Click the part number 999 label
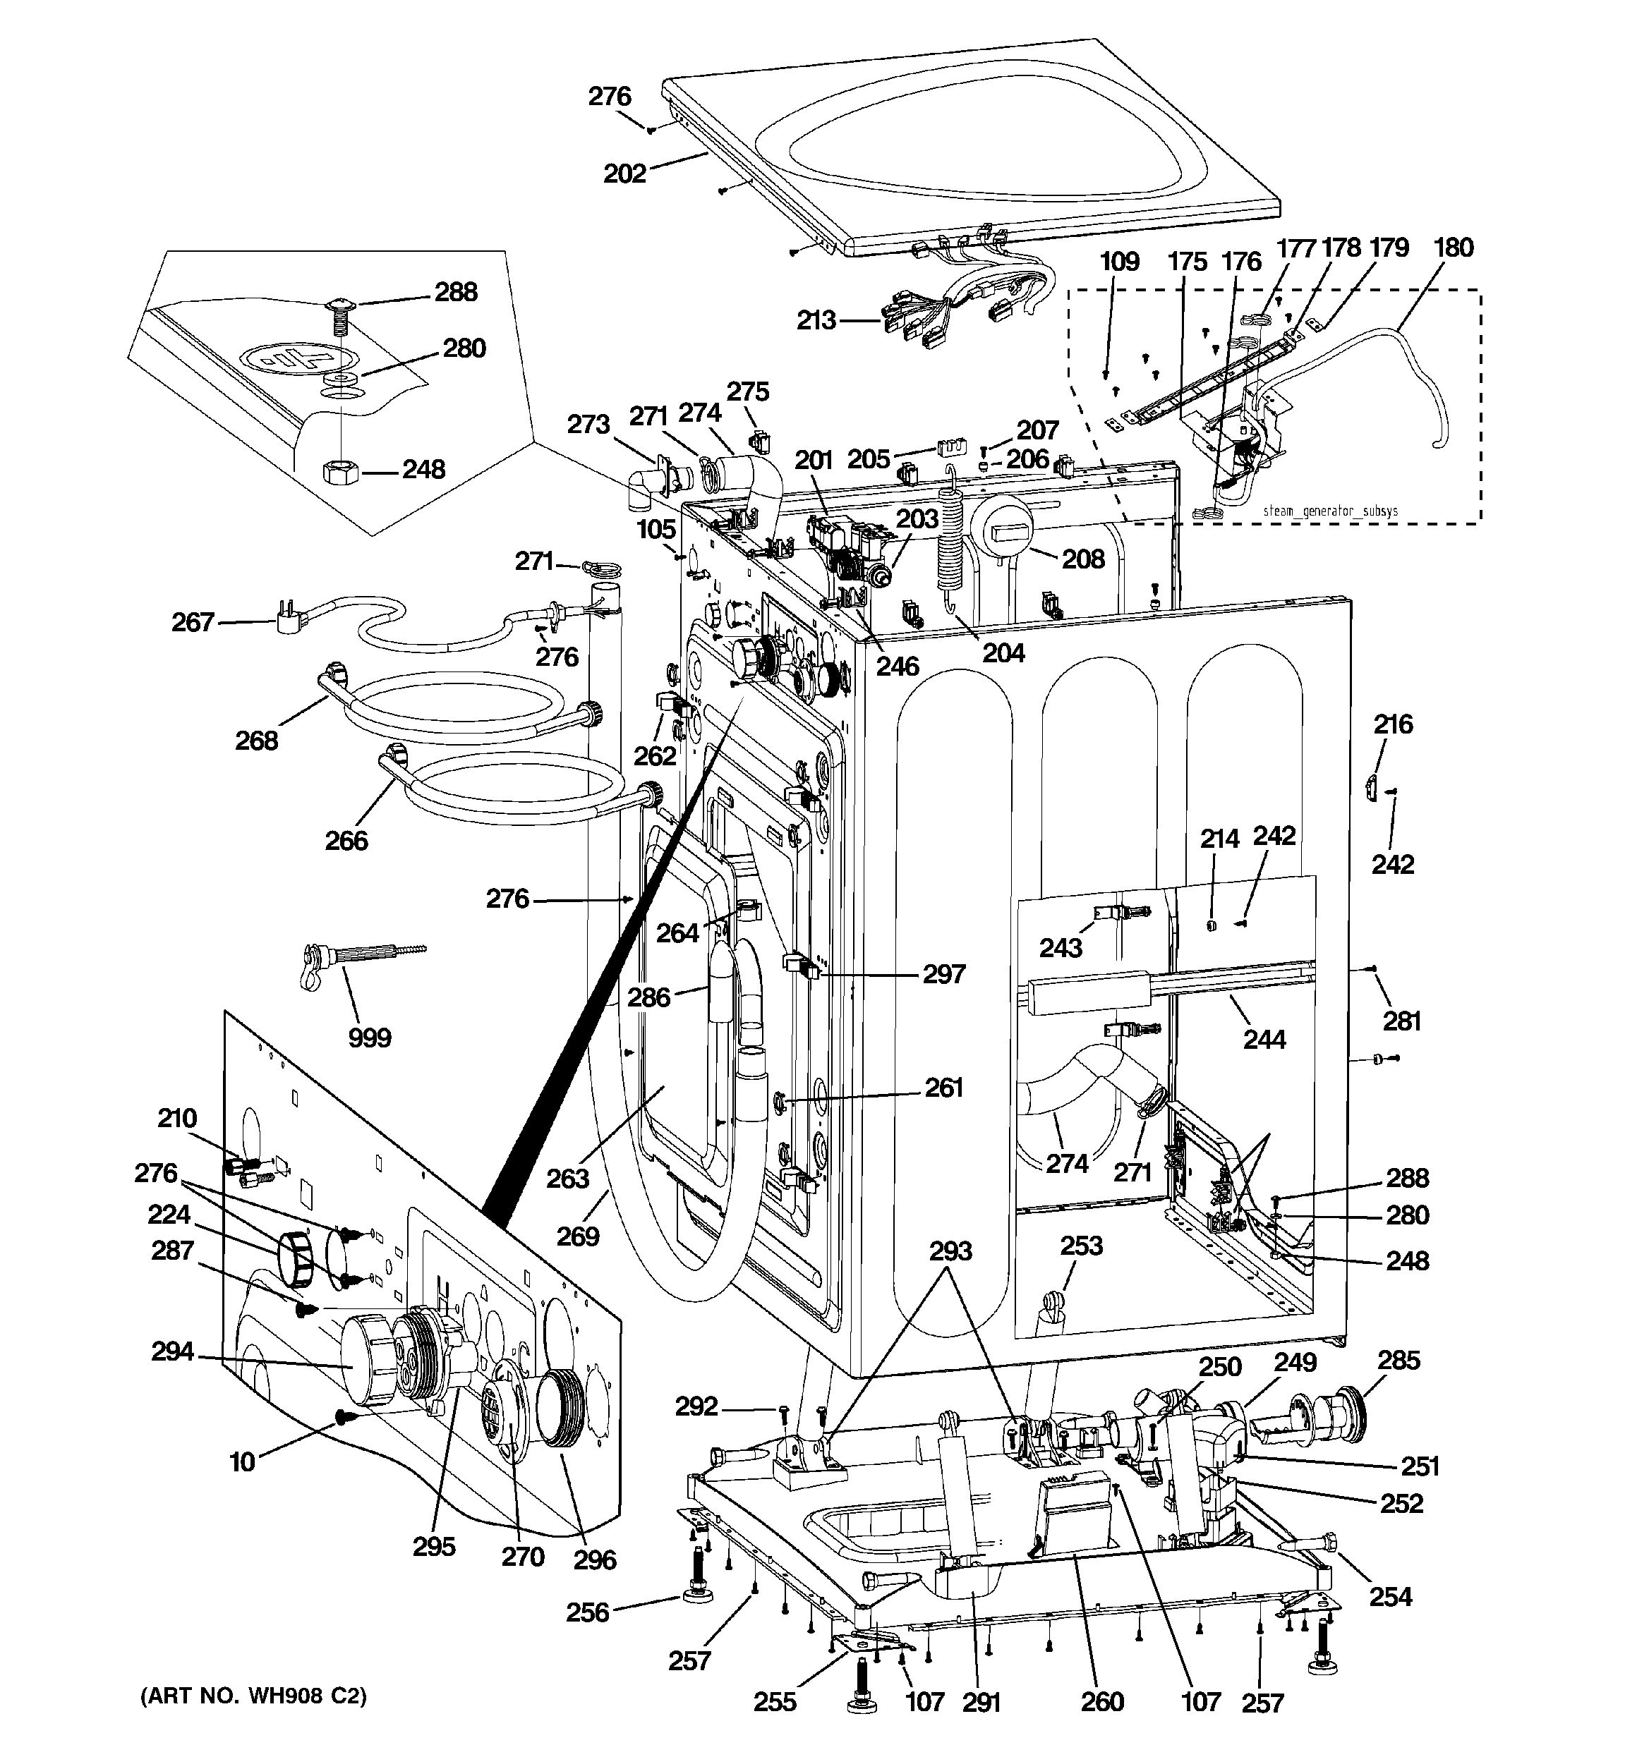pyautogui.click(x=370, y=1038)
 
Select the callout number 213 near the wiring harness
pyautogui.click(x=816, y=320)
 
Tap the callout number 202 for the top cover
pyautogui.click(x=624, y=174)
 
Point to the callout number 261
pyautogui.click(x=944, y=1088)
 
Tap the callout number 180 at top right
pyautogui.click(x=1454, y=248)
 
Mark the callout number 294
pyautogui.click(x=172, y=1351)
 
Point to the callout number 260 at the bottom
pyautogui.click(x=1102, y=1702)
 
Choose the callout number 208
pyautogui.click(x=1083, y=559)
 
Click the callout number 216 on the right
pyautogui.click(x=1393, y=724)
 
